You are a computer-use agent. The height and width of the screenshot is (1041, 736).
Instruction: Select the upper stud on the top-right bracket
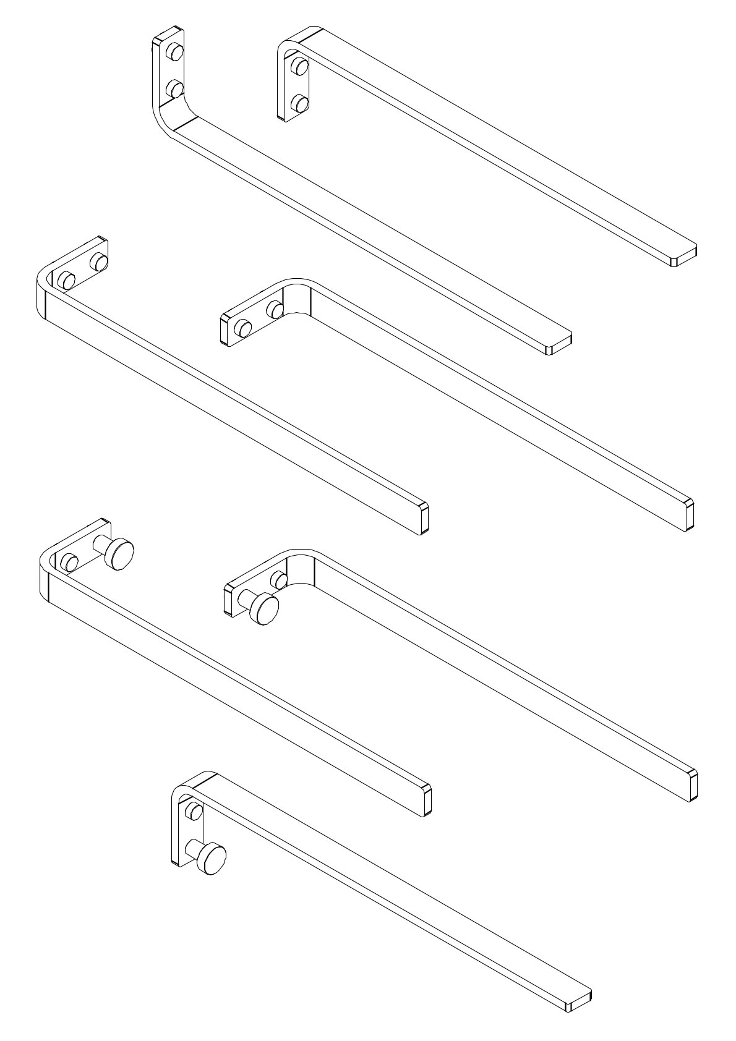[x=301, y=65]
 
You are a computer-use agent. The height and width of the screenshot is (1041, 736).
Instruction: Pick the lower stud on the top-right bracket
[x=301, y=103]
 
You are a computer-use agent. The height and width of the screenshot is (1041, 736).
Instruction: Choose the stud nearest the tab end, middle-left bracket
[x=98, y=262]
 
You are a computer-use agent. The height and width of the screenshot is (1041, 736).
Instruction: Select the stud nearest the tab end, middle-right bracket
[x=243, y=328]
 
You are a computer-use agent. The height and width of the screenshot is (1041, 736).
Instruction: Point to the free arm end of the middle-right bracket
[x=687, y=514]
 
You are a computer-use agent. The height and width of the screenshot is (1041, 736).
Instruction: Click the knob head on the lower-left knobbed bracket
[x=119, y=553]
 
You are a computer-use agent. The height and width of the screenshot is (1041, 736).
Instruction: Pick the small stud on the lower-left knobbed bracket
[x=70, y=563]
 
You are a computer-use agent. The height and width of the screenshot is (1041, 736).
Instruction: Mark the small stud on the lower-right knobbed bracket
[x=279, y=580]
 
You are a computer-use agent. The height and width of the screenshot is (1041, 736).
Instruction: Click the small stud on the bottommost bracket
[x=194, y=810]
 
